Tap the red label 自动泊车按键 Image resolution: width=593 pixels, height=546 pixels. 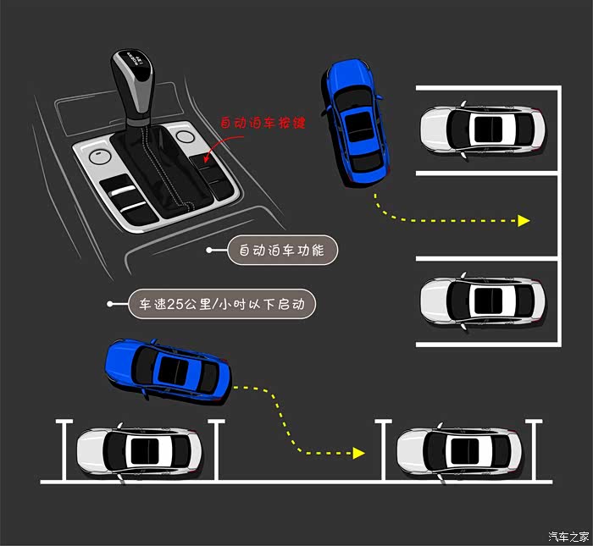pyautogui.click(x=263, y=123)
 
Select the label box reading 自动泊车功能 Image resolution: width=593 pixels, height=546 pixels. pyautogui.click(x=282, y=250)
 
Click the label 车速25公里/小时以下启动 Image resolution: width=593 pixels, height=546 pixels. pyautogui.click(x=222, y=304)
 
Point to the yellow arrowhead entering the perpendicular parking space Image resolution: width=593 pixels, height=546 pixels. pyautogui.click(x=524, y=221)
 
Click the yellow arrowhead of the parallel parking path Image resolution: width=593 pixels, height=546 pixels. pyautogui.click(x=358, y=453)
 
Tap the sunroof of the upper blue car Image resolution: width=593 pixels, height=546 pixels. pyautogui.click(x=358, y=127)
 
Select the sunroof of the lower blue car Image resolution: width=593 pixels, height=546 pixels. pyautogui.click(x=173, y=371)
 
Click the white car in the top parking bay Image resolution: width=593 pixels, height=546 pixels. pyautogui.click(x=483, y=130)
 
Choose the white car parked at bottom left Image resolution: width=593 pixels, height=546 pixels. pyautogui.click(x=139, y=451)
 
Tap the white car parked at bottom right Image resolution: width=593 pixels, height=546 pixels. pyautogui.click(x=459, y=451)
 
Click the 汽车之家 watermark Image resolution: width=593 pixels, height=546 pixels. pyautogui.click(x=568, y=536)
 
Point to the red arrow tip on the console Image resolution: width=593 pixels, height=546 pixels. pyautogui.click(x=205, y=161)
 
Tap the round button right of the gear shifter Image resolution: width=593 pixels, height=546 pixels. pyautogui.click(x=186, y=136)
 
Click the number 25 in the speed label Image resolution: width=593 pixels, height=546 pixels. pyautogui.click(x=175, y=304)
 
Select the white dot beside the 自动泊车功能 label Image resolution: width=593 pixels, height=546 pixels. pyautogui.click(x=209, y=250)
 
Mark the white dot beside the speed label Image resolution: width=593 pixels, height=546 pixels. pyautogui.click(x=110, y=304)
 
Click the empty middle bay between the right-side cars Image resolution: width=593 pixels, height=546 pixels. pyautogui.click(x=487, y=216)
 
